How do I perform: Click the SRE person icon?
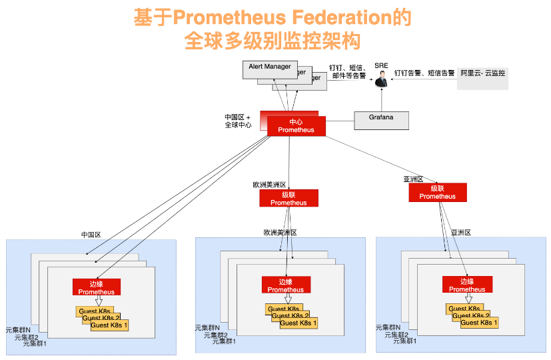coord(381,81)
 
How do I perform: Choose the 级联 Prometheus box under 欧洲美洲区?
coord(288,198)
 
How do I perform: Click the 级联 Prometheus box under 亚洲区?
coord(438,192)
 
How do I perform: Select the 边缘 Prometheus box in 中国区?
coord(97,287)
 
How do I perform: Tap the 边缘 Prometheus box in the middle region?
coord(286,285)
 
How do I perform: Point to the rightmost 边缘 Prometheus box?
coord(467,285)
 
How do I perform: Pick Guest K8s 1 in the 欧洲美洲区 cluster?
coord(298,323)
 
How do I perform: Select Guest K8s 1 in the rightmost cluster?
coord(479,323)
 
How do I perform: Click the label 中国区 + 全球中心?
coord(238,121)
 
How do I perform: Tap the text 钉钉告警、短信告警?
coord(424,73)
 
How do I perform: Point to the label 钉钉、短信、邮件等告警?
coord(348,72)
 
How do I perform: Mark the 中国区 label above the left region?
coord(91,235)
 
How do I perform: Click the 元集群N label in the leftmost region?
coord(18,329)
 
